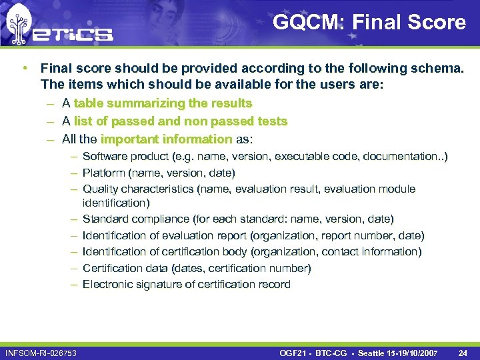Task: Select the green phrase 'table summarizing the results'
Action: point(163,103)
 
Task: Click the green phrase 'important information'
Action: point(166,139)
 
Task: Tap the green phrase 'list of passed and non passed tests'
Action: point(180,121)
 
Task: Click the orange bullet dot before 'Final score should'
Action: point(23,67)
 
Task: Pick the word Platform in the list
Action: point(103,173)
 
